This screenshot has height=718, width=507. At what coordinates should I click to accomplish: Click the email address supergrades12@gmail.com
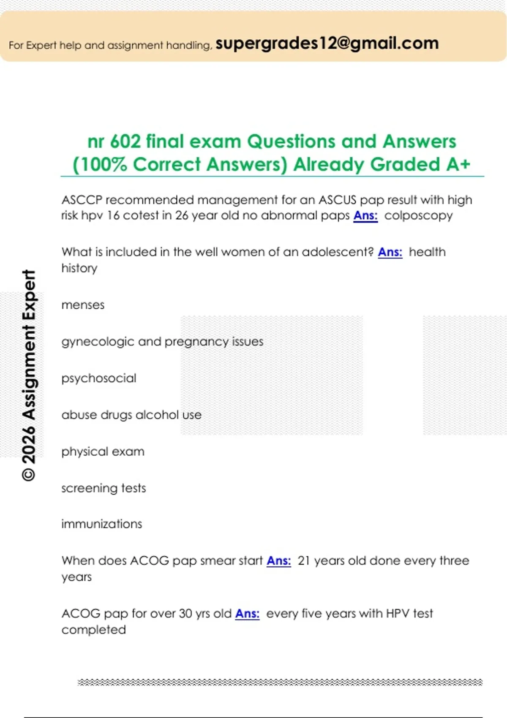pyautogui.click(x=327, y=44)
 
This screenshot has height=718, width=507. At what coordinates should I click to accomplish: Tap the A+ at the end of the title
pyautogui.click(x=458, y=164)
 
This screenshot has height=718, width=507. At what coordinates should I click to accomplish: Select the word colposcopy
pyautogui.click(x=418, y=215)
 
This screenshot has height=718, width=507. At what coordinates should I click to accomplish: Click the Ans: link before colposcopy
pyautogui.click(x=365, y=215)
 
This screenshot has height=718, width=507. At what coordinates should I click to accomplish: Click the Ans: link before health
pyautogui.click(x=390, y=252)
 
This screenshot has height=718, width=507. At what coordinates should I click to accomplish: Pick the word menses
pyautogui.click(x=83, y=305)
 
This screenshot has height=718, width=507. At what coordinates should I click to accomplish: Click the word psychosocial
pyautogui.click(x=99, y=378)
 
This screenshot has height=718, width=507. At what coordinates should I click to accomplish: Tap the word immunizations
pyautogui.click(x=102, y=524)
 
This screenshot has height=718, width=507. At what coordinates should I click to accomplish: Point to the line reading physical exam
pyautogui.click(x=103, y=452)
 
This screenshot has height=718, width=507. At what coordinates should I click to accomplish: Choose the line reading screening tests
pyautogui.click(x=104, y=488)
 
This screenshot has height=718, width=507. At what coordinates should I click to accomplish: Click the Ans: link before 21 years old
pyautogui.click(x=279, y=561)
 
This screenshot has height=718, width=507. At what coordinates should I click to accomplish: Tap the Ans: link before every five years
pyautogui.click(x=247, y=614)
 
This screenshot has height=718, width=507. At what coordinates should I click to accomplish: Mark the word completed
pyautogui.click(x=94, y=630)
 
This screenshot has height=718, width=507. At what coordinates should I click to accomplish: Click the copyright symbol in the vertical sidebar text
pyautogui.click(x=29, y=474)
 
